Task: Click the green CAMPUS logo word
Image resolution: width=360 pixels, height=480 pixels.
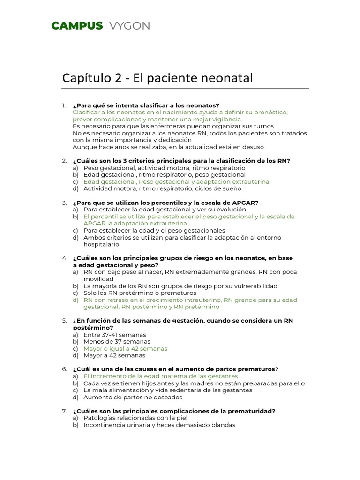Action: [77, 26]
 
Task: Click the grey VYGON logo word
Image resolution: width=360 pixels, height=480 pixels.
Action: [130, 26]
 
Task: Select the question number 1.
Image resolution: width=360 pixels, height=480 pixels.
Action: [64, 105]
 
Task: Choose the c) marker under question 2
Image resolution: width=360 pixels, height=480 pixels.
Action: [75, 182]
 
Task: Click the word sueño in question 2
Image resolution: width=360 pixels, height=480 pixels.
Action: [231, 188]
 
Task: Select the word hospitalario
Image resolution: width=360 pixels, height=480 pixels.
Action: [101, 244]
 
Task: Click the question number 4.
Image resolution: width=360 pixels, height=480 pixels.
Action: [64, 258]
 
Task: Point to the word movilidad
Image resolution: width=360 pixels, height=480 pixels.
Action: [98, 279]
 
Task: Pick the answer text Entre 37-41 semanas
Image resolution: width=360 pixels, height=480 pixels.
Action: [115, 335]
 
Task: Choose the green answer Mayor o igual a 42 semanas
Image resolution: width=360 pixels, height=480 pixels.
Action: [125, 349]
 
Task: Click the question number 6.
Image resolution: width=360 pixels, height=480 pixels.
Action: [64, 369]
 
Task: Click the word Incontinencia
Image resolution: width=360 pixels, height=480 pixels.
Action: [104, 425]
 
